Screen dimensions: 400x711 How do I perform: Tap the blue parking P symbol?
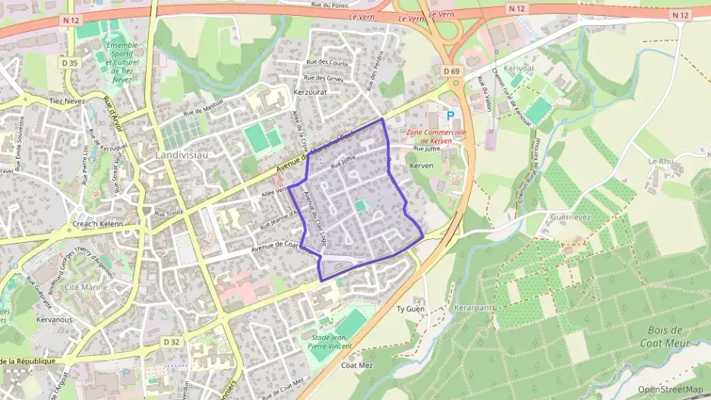(450, 116)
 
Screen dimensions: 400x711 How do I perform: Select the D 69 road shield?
(451, 71)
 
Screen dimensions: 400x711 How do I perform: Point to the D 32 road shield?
(172, 342)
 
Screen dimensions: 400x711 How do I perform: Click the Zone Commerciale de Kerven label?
(435, 137)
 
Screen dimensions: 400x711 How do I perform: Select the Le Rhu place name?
(661, 161)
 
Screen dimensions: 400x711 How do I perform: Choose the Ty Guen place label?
(410, 310)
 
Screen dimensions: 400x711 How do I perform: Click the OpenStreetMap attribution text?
(669, 389)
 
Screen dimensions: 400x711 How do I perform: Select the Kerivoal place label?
(519, 68)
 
